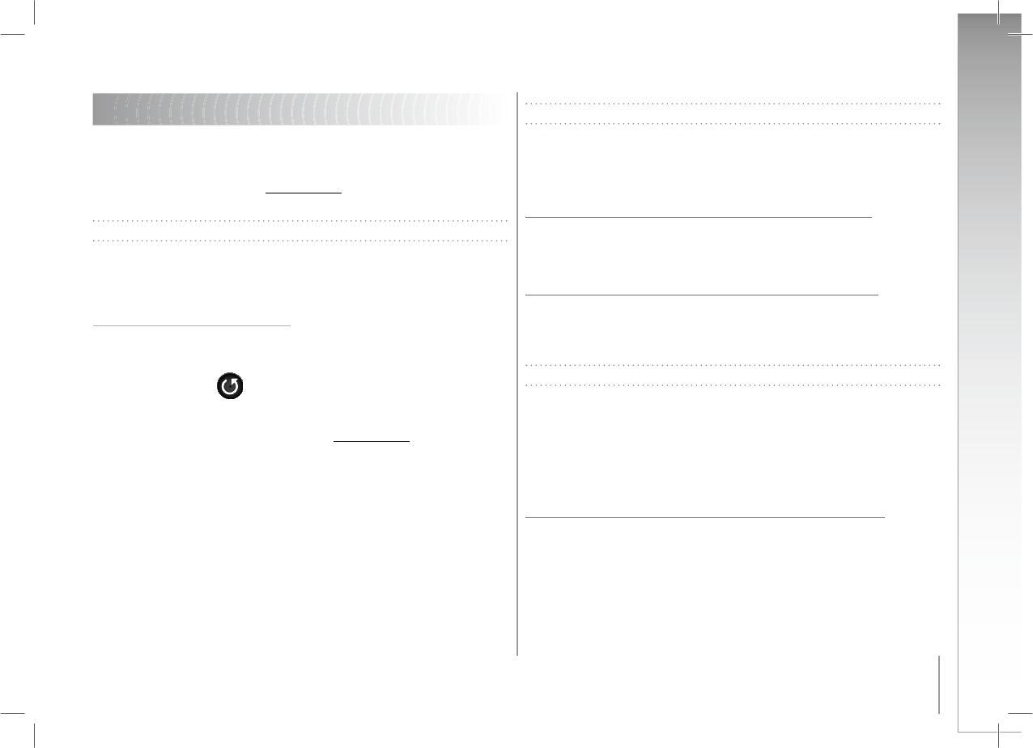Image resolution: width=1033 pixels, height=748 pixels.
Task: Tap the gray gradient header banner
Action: point(298,109)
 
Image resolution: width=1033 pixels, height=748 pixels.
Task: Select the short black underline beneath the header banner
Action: point(304,194)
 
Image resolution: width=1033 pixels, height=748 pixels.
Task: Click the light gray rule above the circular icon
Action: point(191,326)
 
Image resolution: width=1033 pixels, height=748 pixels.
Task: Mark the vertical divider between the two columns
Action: point(517,372)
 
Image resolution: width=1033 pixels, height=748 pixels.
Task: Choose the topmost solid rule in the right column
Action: point(698,217)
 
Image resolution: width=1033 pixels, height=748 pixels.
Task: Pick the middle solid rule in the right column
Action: point(701,295)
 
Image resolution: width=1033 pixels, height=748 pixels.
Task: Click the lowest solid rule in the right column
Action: point(704,516)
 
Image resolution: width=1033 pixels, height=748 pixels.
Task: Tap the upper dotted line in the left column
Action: point(300,220)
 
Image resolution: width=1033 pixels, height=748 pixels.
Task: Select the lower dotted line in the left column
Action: point(300,240)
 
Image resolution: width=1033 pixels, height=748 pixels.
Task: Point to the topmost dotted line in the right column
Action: point(733,104)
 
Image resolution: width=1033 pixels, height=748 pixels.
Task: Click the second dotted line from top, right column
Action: point(733,124)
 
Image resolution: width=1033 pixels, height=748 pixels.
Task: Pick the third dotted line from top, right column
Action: point(733,364)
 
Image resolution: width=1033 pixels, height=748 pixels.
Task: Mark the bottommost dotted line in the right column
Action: point(733,385)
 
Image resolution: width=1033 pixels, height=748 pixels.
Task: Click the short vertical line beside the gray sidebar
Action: point(939,684)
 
